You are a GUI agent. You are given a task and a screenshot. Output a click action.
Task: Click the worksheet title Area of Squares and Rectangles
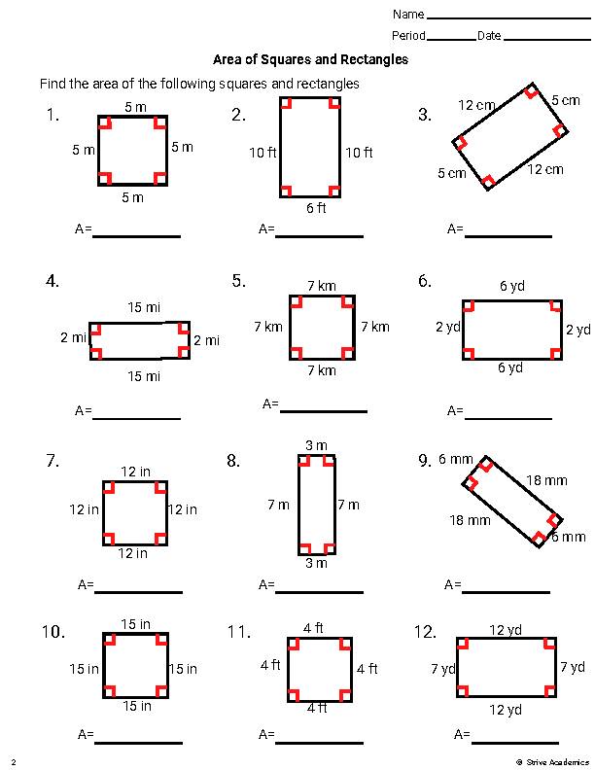tap(310, 59)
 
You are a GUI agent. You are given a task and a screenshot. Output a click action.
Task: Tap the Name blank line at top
tap(507, 17)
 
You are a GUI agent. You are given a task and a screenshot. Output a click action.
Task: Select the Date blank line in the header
tap(546, 39)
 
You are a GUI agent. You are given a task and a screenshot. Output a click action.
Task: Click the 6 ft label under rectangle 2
tap(316, 208)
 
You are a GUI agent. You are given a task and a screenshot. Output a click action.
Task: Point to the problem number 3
tap(425, 115)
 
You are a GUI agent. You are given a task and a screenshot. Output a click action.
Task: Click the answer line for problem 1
tap(136, 235)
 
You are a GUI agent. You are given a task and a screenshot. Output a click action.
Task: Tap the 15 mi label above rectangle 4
tap(144, 307)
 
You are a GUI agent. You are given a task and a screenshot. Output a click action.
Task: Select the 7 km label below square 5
tap(321, 370)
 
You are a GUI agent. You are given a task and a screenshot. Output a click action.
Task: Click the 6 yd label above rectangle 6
tap(511, 286)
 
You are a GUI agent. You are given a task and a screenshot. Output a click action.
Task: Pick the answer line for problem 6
tap(508, 418)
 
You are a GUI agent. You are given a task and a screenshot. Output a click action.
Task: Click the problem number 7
tap(53, 461)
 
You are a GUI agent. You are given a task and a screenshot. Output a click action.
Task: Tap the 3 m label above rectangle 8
tap(316, 445)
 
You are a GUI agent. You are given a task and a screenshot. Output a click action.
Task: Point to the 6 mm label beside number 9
tap(456, 459)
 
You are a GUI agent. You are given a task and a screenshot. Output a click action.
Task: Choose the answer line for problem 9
tap(506, 591)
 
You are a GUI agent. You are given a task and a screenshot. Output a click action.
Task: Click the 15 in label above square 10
tap(135, 624)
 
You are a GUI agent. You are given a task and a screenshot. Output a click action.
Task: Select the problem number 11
tap(239, 632)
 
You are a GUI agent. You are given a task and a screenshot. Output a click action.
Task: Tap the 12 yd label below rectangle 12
tap(506, 710)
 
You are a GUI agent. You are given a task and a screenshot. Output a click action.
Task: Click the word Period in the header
tap(408, 36)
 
